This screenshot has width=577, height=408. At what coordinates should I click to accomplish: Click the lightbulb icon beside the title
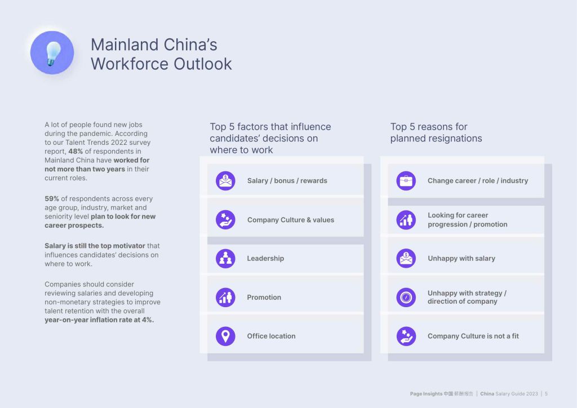point(52,52)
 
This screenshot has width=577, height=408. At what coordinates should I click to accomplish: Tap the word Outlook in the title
point(202,64)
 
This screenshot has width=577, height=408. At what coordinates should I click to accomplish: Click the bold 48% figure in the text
point(76,151)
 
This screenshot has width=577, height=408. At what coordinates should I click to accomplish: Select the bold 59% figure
point(51,199)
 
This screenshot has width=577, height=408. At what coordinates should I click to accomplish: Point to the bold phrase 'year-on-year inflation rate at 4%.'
point(99,320)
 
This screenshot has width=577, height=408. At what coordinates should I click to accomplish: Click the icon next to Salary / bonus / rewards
point(225,181)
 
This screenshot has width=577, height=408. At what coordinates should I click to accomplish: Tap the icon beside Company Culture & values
point(225,220)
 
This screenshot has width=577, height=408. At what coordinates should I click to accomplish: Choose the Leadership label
point(265,258)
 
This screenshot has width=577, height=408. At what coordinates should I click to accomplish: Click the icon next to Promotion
point(225,297)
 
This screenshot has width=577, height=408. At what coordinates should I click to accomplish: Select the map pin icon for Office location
point(225,336)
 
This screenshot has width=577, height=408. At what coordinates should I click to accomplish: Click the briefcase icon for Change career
point(406,181)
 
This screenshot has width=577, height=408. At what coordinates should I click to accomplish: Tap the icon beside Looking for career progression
point(406,220)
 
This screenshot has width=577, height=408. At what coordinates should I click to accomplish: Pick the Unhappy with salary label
point(461,258)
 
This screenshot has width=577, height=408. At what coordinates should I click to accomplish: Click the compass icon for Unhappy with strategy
point(406,297)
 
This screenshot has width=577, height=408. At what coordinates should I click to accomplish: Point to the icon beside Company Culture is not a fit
point(406,336)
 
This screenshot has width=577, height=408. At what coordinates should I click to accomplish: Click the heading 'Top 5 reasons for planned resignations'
point(436,132)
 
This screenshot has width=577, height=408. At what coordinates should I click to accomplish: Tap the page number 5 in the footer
point(547,394)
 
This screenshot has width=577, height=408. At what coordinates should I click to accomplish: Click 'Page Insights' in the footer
point(426,394)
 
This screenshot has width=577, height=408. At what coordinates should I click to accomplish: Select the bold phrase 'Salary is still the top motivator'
point(95,246)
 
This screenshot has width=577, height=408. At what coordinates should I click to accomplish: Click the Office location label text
point(271,336)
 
